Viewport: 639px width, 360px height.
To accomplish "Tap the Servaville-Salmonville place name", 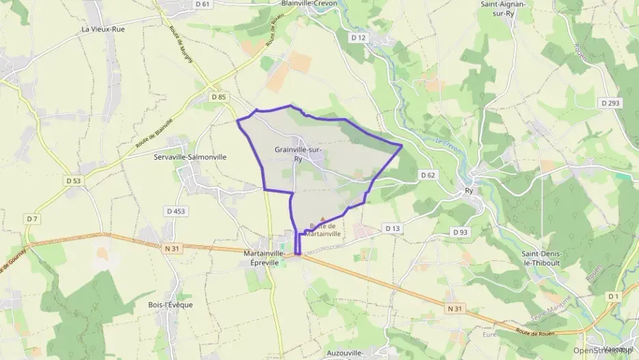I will point(190,156).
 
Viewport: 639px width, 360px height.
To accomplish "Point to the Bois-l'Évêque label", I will point(171,305).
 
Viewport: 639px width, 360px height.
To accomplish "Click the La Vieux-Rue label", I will point(103,29).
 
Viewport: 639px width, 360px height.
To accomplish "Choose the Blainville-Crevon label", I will point(308,3).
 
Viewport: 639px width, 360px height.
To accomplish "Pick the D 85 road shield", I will point(218,97).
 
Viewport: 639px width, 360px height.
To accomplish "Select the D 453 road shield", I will point(175,211).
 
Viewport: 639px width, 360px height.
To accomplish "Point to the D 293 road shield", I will point(610,103).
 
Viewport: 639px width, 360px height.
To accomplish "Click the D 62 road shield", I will point(428,175).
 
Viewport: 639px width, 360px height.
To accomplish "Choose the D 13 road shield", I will point(392,228).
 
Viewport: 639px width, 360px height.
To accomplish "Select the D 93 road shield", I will point(460,232).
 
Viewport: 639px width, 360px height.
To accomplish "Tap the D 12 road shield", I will point(358,38).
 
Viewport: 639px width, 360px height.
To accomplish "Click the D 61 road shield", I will point(201,4).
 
